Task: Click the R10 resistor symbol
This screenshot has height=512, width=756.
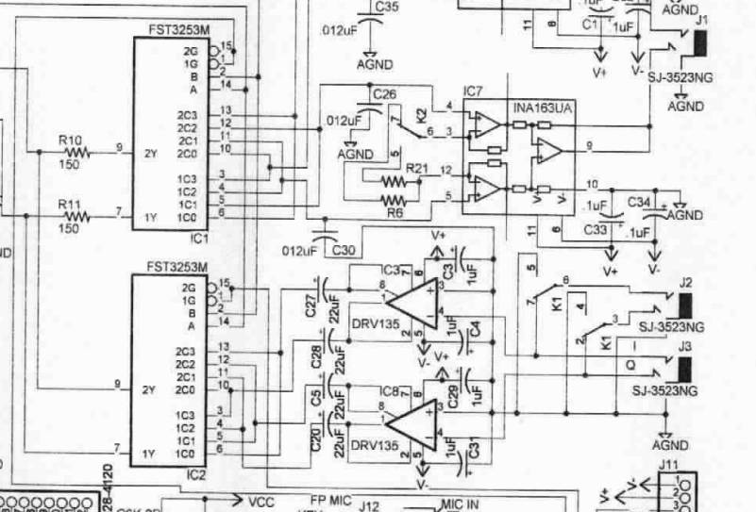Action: tap(75, 151)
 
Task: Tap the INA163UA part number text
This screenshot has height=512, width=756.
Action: tap(543, 111)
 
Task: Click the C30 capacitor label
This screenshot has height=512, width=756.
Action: tap(344, 249)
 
